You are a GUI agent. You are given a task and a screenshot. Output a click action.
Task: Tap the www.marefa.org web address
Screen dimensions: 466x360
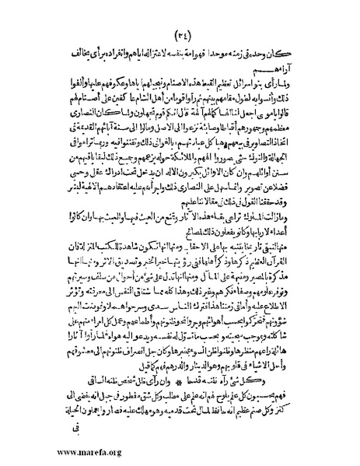pyautogui.click(x=56, y=450)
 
